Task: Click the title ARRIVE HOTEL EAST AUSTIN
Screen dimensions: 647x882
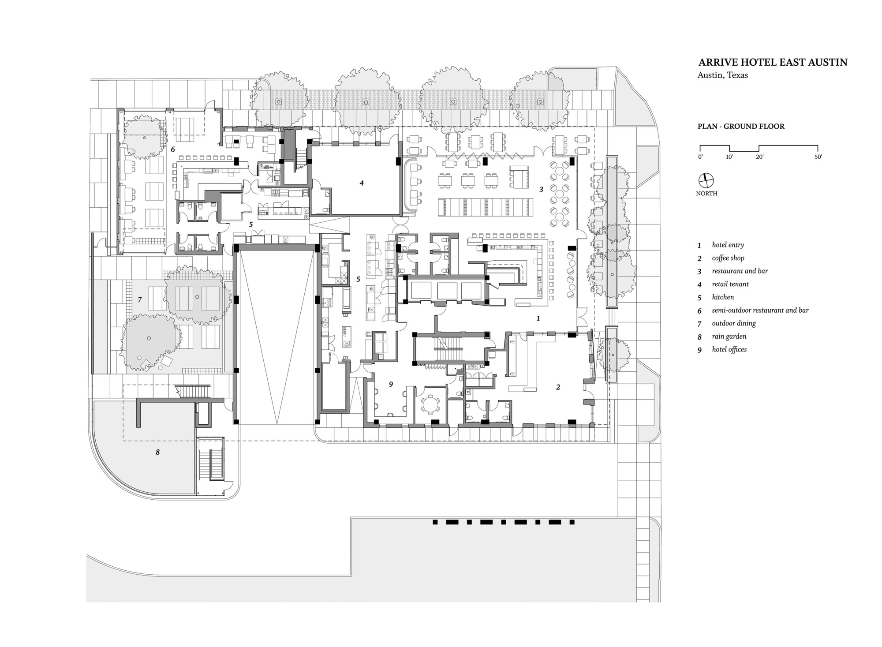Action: tap(772, 62)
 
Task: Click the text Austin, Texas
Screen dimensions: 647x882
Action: tap(722, 75)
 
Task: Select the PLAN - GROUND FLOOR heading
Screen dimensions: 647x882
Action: tap(741, 126)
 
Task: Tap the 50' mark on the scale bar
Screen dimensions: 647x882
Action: tap(818, 157)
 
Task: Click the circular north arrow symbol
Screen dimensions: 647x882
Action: tap(706, 180)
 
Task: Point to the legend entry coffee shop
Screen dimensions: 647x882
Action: tap(728, 258)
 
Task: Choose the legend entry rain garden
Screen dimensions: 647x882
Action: tap(729, 336)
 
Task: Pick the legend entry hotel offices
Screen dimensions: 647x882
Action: tap(729, 349)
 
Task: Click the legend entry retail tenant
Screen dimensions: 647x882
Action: tap(730, 284)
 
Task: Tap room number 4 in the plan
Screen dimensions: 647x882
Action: tap(362, 183)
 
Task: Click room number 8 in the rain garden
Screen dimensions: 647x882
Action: tap(157, 452)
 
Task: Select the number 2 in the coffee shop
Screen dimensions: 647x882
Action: tap(558, 387)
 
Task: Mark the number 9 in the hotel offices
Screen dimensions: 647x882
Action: tap(391, 385)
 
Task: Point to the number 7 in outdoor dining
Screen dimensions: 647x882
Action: tap(140, 300)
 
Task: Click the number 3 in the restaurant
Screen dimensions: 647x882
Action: tap(541, 190)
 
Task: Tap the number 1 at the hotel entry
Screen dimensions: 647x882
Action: tap(538, 318)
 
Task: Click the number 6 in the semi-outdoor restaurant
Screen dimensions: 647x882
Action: tap(173, 150)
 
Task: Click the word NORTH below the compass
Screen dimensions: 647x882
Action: tap(706, 194)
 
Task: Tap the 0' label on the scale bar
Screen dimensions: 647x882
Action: tap(701, 157)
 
